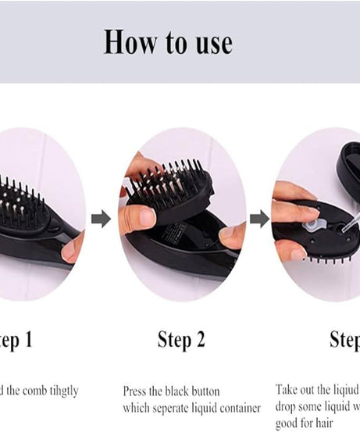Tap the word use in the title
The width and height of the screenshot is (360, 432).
click(x=210, y=42)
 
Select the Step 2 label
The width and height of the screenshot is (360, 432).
click(x=181, y=339)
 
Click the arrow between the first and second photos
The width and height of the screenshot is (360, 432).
click(x=101, y=219)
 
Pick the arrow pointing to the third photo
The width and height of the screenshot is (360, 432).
click(x=259, y=219)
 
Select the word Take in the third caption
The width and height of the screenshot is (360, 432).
click(x=287, y=389)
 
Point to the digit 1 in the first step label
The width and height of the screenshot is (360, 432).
click(x=30, y=339)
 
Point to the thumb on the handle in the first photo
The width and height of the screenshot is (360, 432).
click(x=73, y=248)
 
